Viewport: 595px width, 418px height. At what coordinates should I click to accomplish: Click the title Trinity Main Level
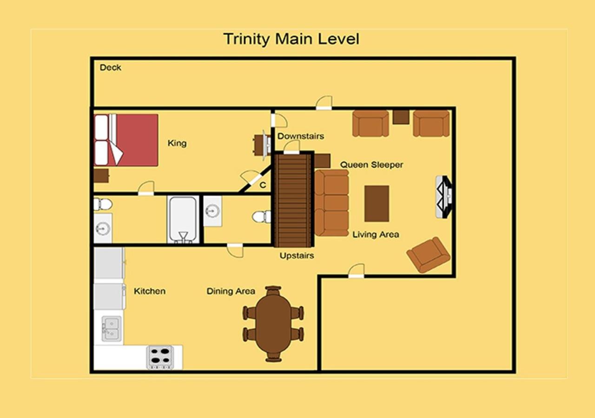[x=291, y=39]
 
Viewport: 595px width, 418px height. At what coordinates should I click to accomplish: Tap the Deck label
[x=111, y=68]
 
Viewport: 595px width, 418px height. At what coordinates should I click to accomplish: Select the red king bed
[x=126, y=140]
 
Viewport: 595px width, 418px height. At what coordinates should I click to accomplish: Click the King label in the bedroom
[x=177, y=144]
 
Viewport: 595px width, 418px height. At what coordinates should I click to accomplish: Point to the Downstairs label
[x=301, y=136]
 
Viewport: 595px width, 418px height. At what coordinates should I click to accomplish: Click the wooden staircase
[x=293, y=200]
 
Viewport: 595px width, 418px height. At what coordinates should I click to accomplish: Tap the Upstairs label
[x=297, y=255]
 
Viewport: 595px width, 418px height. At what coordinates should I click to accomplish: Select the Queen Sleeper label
[x=371, y=165]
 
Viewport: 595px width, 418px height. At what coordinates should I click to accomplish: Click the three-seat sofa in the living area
[x=331, y=203]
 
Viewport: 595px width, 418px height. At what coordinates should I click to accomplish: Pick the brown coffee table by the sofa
[x=377, y=203]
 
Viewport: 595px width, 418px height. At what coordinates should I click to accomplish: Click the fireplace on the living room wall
[x=444, y=197]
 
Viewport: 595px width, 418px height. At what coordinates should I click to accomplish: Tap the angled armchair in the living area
[x=428, y=255]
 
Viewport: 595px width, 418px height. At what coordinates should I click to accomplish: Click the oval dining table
[x=273, y=324]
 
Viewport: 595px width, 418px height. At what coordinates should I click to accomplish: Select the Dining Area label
[x=231, y=291]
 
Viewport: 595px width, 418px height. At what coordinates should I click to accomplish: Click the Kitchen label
[x=150, y=291]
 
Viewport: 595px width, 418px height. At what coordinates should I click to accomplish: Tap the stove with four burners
[x=160, y=357]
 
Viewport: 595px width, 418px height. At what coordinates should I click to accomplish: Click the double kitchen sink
[x=112, y=329]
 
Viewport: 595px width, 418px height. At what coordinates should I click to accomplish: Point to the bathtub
[x=183, y=220]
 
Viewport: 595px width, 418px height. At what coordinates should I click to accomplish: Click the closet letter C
[x=263, y=185]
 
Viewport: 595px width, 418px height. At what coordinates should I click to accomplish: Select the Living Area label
[x=376, y=235]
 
